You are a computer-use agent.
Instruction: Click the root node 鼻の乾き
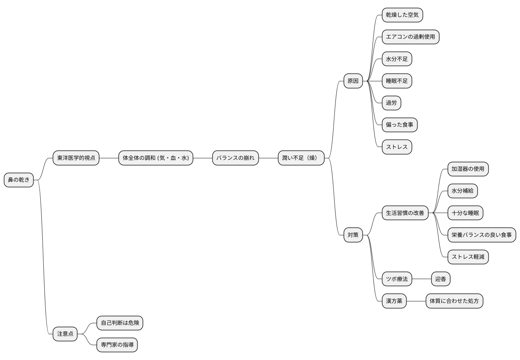[19, 180]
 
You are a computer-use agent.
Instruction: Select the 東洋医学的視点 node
[76, 158]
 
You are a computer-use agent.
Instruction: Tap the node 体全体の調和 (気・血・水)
[156, 158]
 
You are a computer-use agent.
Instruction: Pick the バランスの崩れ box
[236, 158]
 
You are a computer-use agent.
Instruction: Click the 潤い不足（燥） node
[301, 158]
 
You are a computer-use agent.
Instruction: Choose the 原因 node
[353, 81]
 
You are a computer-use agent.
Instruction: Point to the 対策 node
[353, 235]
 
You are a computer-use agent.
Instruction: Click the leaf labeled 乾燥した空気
[403, 15]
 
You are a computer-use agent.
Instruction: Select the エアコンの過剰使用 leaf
[411, 37]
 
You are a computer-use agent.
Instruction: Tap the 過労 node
[391, 103]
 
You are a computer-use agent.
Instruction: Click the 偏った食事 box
[400, 125]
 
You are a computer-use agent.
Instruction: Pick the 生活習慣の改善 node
[405, 213]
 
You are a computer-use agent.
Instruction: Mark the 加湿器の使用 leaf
[468, 169]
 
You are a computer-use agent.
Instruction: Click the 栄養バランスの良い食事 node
[482, 235]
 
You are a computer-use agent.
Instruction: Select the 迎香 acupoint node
[441, 279]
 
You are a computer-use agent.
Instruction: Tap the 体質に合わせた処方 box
[454, 301]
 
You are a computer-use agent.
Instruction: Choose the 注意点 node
[65, 334]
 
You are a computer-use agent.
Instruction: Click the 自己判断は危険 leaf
[120, 323]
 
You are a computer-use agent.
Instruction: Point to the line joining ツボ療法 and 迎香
[421, 279]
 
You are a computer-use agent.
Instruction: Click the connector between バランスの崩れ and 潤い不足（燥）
[268, 158]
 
